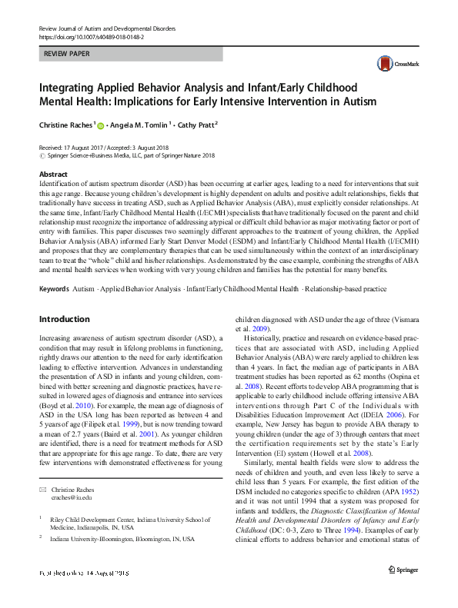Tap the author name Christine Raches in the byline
(x=65, y=125)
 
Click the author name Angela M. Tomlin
(x=140, y=125)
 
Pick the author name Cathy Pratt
(x=196, y=125)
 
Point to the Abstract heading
(x=53, y=174)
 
